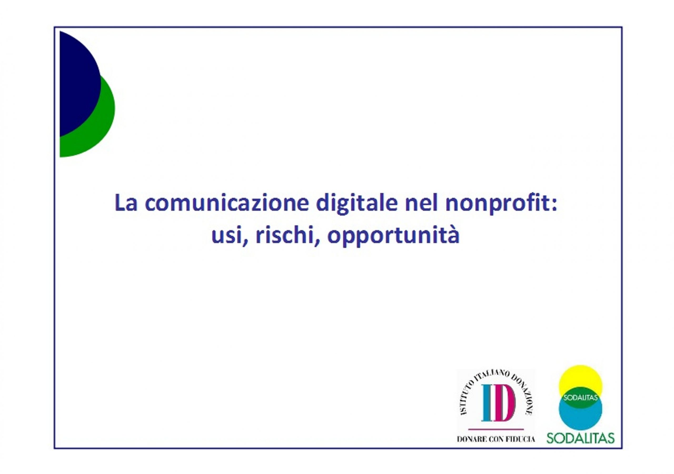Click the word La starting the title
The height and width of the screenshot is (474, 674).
126,203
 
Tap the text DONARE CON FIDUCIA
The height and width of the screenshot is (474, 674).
496,448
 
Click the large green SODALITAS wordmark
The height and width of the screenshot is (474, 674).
580,446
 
